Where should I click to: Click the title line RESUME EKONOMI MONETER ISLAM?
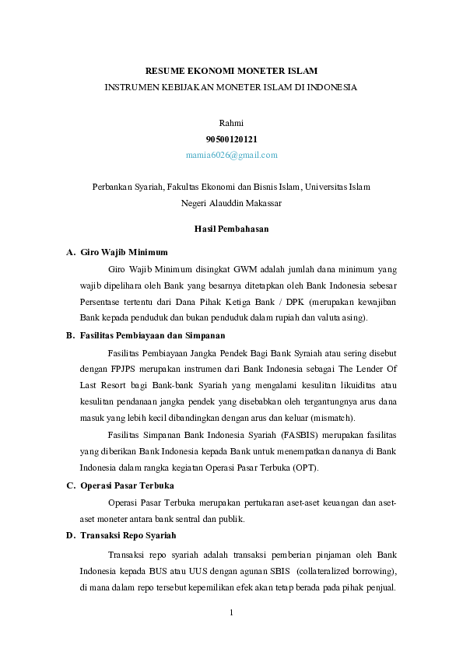coord(231,72)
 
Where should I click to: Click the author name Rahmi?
coord(231,123)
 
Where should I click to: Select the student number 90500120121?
coord(231,138)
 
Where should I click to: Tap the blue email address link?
coord(231,155)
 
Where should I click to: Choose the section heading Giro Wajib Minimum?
coord(124,253)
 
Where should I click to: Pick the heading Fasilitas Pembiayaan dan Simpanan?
coord(152,335)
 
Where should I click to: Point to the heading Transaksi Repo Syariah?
coord(128,535)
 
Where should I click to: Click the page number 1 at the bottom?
coord(231,612)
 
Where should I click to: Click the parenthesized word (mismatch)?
coord(332,418)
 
